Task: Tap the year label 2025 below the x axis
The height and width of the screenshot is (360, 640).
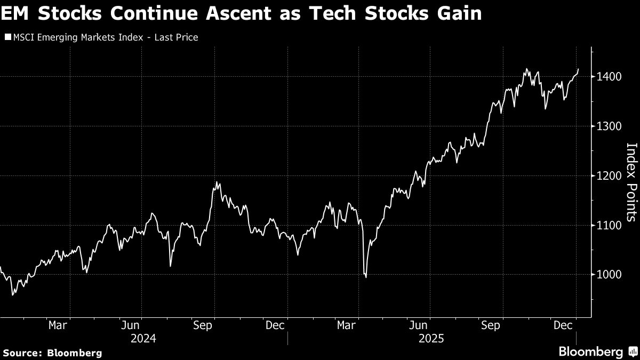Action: tap(431, 338)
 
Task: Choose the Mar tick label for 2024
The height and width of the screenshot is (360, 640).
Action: tap(57, 325)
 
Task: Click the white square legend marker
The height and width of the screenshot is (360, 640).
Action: tap(7, 37)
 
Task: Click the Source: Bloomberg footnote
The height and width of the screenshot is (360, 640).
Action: tap(52, 353)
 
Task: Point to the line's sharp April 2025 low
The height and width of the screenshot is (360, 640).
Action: tap(366, 277)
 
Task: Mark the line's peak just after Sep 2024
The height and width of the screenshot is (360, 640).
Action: tap(217, 182)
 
